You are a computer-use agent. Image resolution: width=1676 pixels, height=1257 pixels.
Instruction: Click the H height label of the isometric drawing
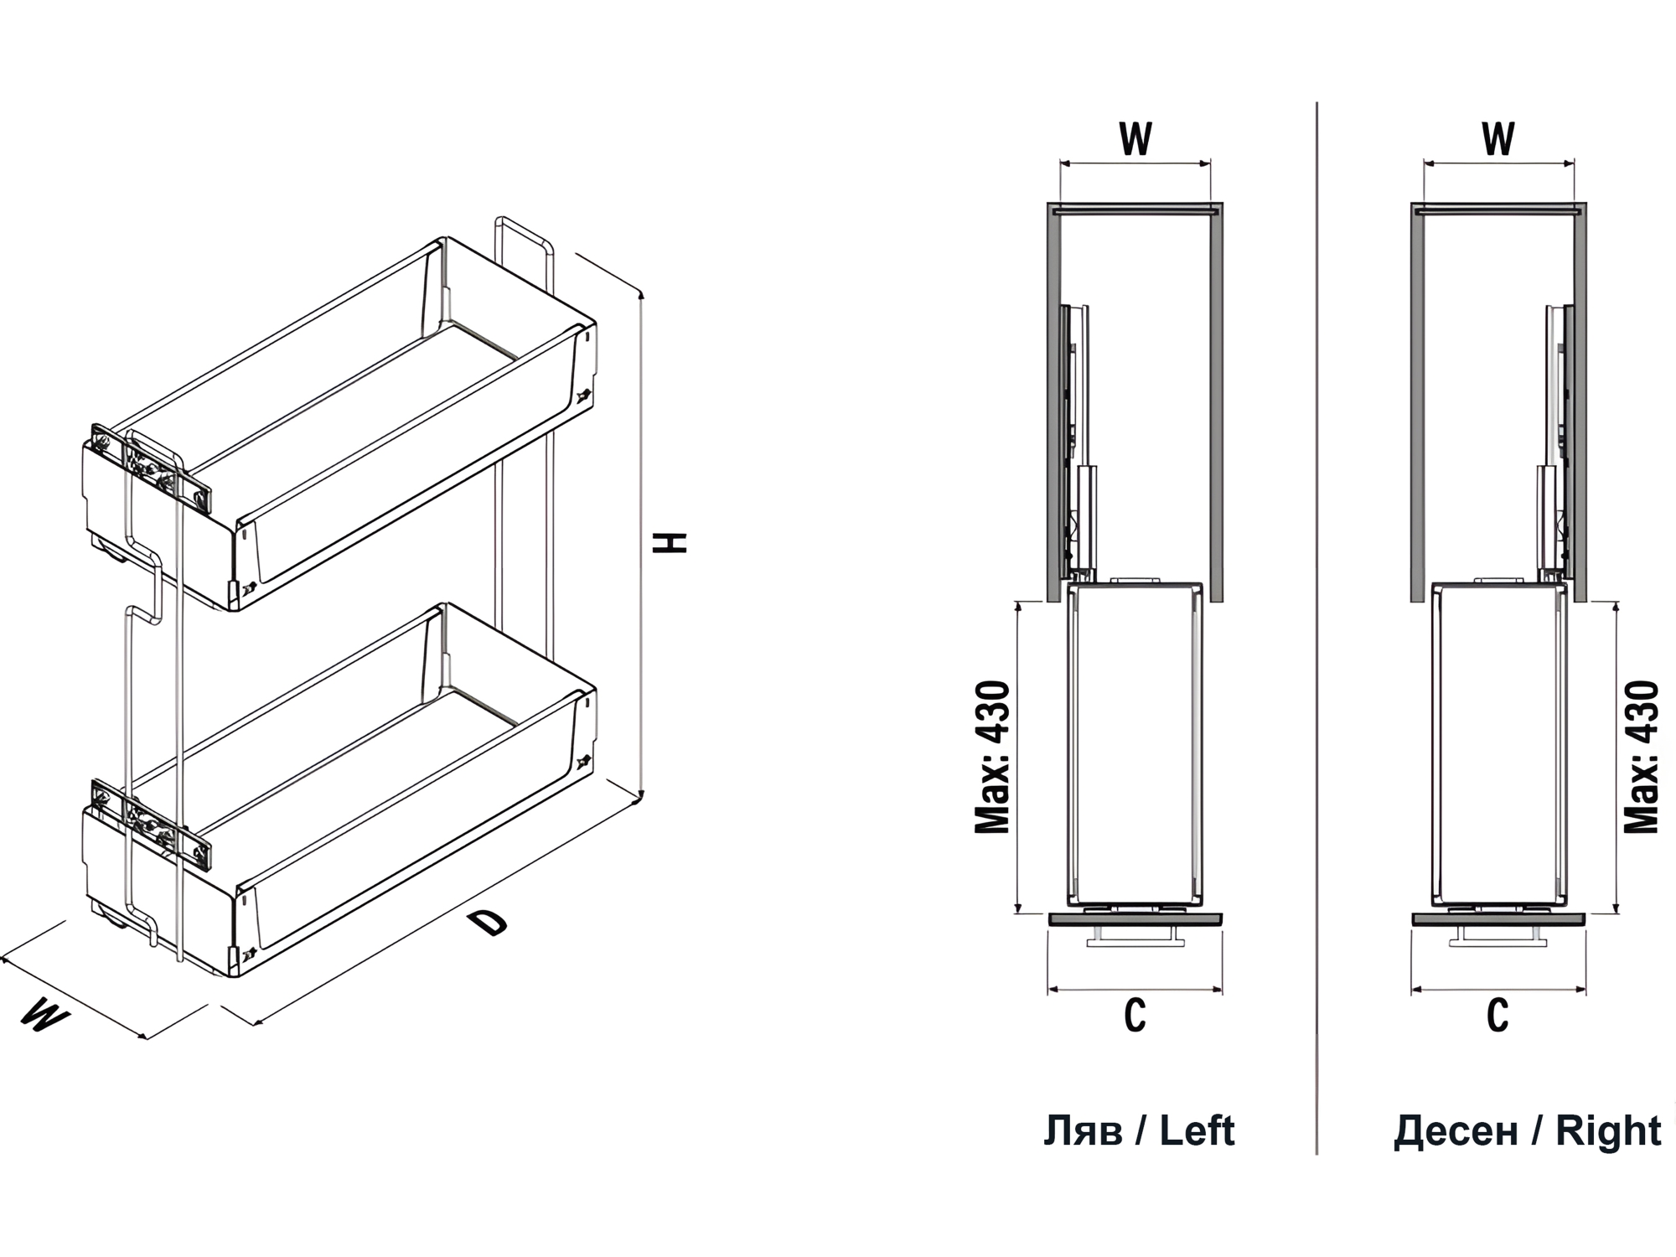click(x=670, y=541)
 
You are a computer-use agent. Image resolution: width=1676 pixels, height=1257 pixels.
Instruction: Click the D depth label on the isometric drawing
click(x=488, y=923)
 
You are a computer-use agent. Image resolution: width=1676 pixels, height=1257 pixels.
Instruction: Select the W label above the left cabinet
click(x=1135, y=139)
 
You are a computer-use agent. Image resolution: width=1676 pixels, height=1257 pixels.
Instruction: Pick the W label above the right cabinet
click(x=1498, y=139)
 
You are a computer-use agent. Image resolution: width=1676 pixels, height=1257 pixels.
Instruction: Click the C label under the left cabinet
click(x=1135, y=1016)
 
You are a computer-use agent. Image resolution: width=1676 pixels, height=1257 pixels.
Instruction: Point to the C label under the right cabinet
click(x=1498, y=1016)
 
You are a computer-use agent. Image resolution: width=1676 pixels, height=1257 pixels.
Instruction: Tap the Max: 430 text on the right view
click(x=1641, y=758)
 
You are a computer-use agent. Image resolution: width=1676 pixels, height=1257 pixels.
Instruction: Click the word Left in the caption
click(x=1197, y=1131)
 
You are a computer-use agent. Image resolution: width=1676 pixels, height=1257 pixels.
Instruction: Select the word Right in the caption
click(x=1608, y=1132)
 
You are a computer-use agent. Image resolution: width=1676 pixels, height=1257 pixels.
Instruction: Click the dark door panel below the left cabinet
click(x=1135, y=919)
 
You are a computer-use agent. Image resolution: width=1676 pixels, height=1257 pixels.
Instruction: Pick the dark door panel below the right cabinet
click(x=1498, y=919)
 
